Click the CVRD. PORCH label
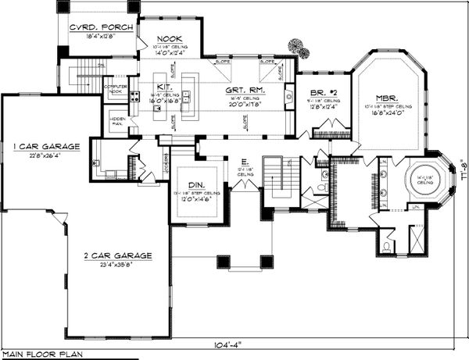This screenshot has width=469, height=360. [102, 27]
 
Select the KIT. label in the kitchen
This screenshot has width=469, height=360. [161, 87]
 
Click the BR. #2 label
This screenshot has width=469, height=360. [320, 91]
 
